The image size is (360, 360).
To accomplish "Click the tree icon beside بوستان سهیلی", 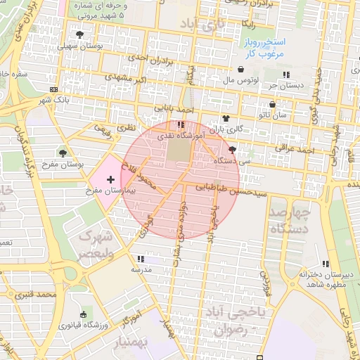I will click(79, 34).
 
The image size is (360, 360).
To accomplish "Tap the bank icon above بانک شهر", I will click(54, 89).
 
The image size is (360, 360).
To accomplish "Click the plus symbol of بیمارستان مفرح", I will click(110, 181).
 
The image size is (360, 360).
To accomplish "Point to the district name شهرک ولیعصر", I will click(94, 243).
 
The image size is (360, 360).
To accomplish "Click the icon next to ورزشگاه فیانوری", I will click(84, 314).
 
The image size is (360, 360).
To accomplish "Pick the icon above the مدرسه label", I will click(140, 258).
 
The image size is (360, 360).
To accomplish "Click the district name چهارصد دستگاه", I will click(290, 220).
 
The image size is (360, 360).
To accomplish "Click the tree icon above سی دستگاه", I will click(232, 150).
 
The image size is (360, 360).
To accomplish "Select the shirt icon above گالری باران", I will click(226, 118).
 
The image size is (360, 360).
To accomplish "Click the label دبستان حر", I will click(289, 85).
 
